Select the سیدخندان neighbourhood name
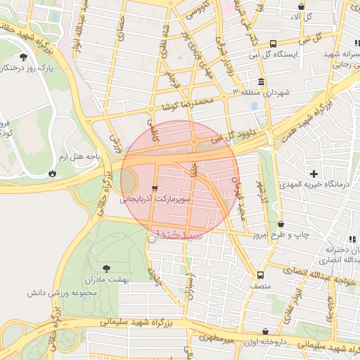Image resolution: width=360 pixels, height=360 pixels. point(176,235)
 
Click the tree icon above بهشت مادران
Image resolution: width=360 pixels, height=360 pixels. point(106,268)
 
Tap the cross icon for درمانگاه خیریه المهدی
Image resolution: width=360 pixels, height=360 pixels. point(314,173)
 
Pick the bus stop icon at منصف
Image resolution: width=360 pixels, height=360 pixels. point(261,275)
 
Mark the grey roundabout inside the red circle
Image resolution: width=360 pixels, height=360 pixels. point(131,183)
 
